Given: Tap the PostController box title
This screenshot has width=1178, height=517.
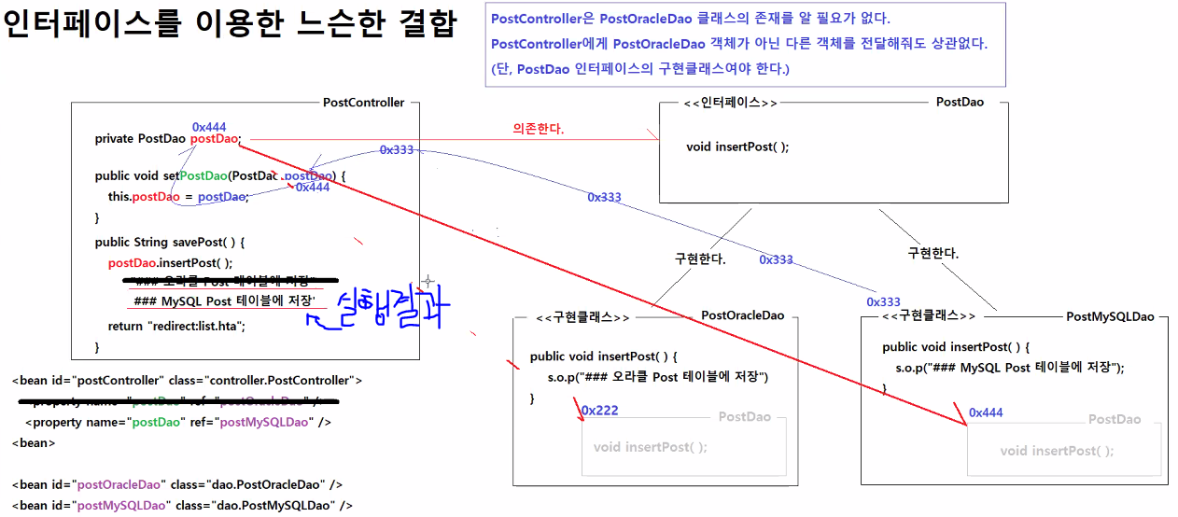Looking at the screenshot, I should (x=363, y=103).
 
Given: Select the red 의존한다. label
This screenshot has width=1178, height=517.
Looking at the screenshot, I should (x=539, y=129).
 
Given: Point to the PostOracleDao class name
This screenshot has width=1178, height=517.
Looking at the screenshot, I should (x=742, y=316).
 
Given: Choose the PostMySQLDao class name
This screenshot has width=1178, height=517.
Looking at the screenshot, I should (x=1110, y=316).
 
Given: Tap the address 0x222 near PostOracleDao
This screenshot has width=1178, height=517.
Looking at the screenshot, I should (x=600, y=411).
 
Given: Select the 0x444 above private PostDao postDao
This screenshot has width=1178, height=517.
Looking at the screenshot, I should (x=209, y=127).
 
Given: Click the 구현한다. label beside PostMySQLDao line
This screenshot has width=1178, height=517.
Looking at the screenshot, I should (x=933, y=253).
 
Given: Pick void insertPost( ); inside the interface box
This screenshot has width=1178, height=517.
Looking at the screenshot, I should (x=737, y=147).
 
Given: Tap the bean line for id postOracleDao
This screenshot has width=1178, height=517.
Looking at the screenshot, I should (x=177, y=485).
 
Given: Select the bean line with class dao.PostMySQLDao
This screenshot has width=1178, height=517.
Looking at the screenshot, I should (x=183, y=506).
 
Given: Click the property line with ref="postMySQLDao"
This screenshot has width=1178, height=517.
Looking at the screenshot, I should (x=178, y=422).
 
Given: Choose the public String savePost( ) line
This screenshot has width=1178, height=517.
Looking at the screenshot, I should (x=169, y=242).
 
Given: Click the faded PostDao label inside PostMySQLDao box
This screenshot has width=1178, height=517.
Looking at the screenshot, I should (x=1115, y=420).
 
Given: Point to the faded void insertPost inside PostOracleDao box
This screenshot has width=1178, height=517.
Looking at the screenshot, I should (x=650, y=447).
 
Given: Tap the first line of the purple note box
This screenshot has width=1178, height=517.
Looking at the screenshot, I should (x=690, y=19).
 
